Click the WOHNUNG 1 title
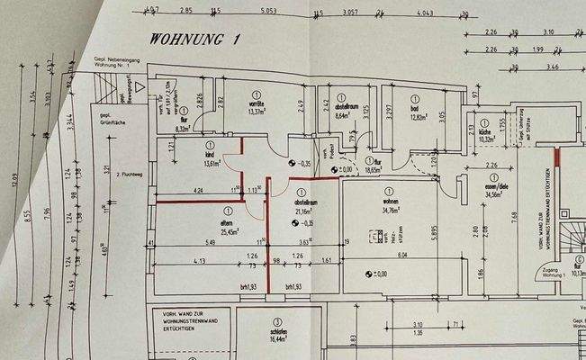point(195,39)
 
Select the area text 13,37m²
point(257,112)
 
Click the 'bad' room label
point(415,109)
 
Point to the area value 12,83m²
point(416,116)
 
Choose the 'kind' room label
point(212,155)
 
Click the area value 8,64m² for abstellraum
point(347,115)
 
